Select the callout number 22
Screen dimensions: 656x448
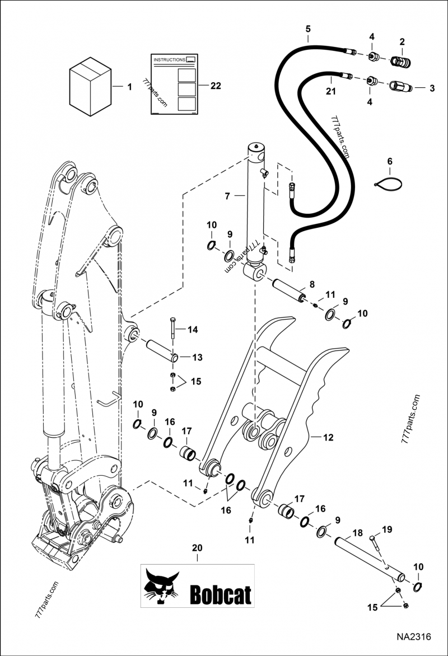(x=215, y=86)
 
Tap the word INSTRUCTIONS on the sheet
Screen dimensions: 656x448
(x=169, y=58)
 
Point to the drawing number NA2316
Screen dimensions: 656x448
(x=413, y=637)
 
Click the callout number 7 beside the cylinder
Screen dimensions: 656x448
(x=228, y=196)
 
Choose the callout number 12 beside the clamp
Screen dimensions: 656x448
(x=328, y=437)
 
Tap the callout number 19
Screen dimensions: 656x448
(x=387, y=530)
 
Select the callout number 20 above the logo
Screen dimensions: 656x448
(x=197, y=548)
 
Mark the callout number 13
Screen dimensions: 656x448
(x=198, y=357)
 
